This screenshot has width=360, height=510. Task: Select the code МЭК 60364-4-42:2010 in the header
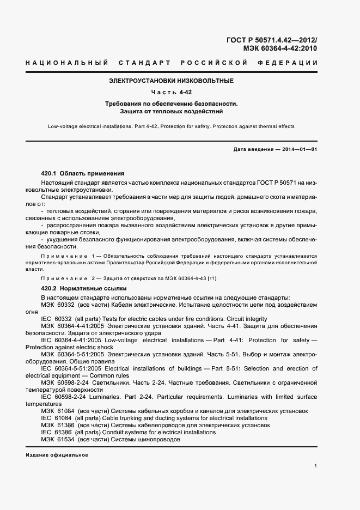(x=280, y=48)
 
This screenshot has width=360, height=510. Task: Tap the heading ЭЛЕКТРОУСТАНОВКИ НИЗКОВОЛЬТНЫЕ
(x=171, y=81)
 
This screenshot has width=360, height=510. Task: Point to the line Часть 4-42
(x=171, y=92)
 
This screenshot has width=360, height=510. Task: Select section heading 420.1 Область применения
(x=83, y=172)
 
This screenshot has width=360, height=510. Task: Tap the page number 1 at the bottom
(x=316, y=466)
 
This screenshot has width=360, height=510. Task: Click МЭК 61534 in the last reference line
(x=57, y=439)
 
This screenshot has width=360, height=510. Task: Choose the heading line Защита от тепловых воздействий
(x=171, y=111)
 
